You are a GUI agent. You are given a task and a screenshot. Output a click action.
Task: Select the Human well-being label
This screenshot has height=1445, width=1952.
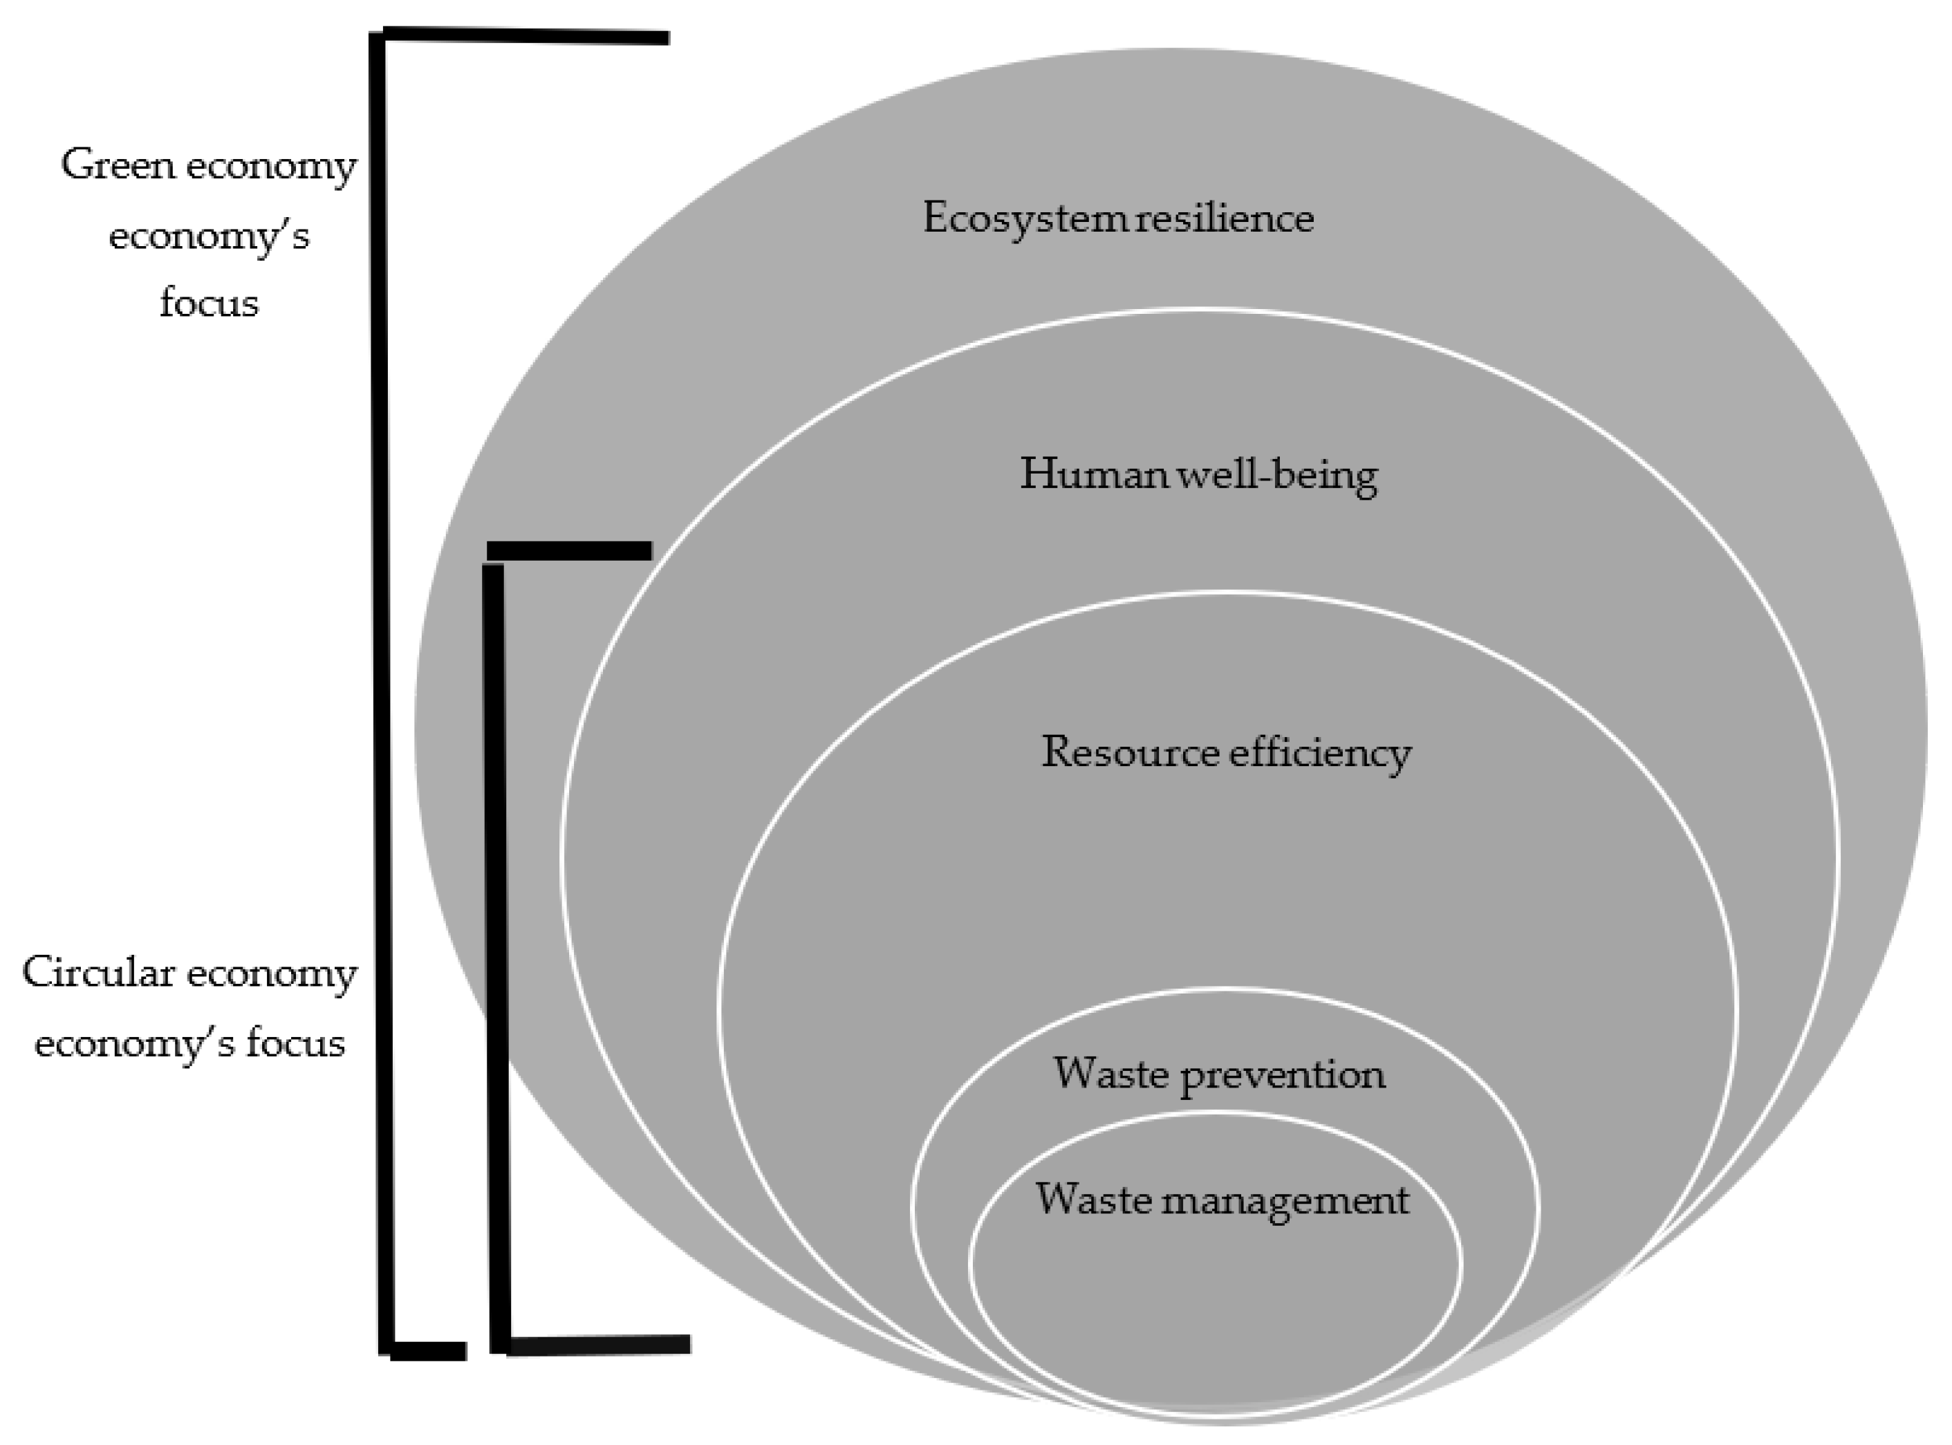1198,475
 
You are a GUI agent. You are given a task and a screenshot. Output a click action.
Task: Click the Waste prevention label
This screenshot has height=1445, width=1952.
1219,1074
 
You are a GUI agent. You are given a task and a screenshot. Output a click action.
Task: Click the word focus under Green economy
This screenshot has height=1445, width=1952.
209,304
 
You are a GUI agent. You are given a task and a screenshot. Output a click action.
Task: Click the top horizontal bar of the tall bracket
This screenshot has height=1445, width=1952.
525,37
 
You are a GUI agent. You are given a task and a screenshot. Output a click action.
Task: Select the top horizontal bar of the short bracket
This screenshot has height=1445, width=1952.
568,550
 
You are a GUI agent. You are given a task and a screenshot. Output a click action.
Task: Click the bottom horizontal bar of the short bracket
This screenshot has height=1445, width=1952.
599,1345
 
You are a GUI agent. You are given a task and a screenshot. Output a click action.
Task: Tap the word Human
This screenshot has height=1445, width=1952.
1094,474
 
